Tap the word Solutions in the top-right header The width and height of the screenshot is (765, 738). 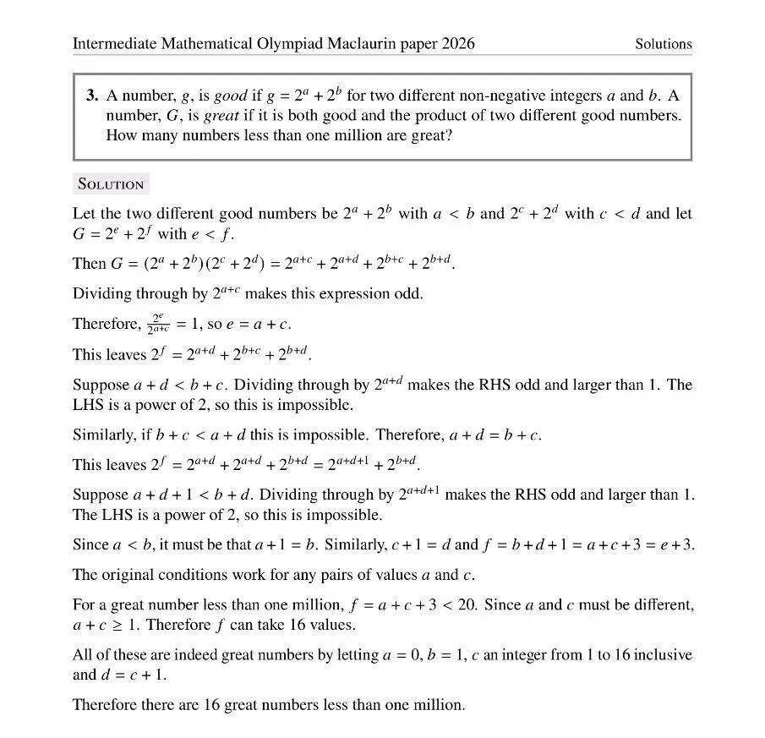664,44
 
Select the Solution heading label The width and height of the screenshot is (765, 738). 111,183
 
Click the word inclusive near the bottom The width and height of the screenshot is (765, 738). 663,654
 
